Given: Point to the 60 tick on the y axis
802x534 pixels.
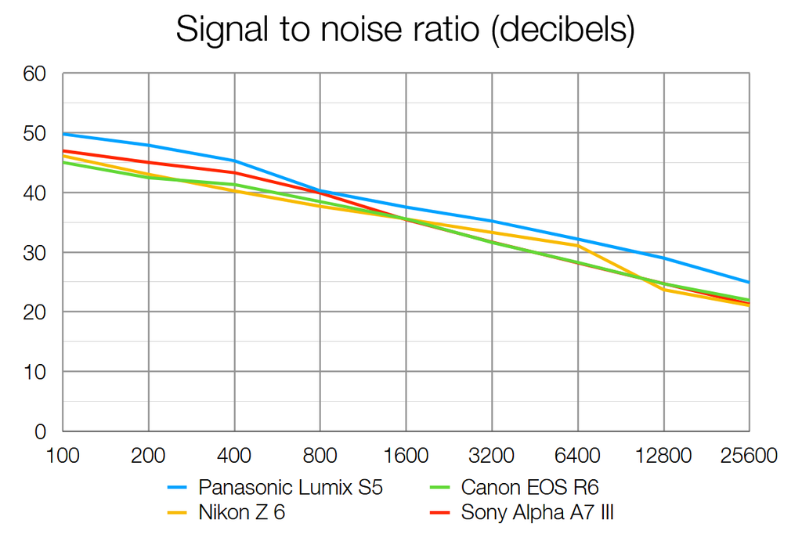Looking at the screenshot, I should coord(34,74).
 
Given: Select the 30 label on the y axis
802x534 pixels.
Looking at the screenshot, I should coord(34,252).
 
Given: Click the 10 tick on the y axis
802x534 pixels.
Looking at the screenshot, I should coord(34,371).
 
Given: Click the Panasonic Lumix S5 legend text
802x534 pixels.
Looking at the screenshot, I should coord(291,488).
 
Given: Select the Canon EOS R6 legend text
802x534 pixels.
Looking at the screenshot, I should coord(530,488).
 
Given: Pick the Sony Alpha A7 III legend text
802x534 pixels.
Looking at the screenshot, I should coord(543,513).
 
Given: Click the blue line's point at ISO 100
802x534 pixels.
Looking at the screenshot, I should coord(63,134).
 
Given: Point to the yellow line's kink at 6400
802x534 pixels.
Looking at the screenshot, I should coord(578,245).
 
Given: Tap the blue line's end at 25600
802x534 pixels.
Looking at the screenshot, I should coord(749,282).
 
